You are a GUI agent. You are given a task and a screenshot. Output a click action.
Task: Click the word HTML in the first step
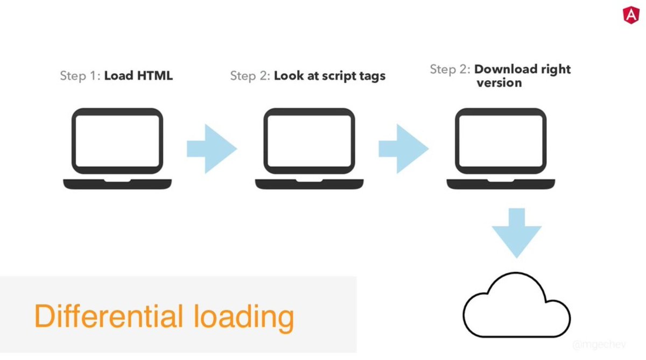point(154,75)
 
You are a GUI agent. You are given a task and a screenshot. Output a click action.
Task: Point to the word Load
point(118,75)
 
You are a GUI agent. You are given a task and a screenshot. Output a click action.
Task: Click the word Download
point(505,69)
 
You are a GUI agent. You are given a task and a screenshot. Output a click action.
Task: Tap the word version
point(499,83)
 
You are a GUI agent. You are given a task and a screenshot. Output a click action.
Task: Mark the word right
point(556,69)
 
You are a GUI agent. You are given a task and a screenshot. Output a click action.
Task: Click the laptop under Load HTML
point(118,148)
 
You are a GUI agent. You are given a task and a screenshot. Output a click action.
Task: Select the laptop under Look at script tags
point(310,148)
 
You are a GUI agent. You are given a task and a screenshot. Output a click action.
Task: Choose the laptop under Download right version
point(501,148)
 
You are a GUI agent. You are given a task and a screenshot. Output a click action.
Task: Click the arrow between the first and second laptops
point(211,149)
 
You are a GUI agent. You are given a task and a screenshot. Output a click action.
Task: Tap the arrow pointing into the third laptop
point(403,149)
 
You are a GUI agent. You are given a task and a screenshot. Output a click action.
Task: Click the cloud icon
point(516,307)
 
